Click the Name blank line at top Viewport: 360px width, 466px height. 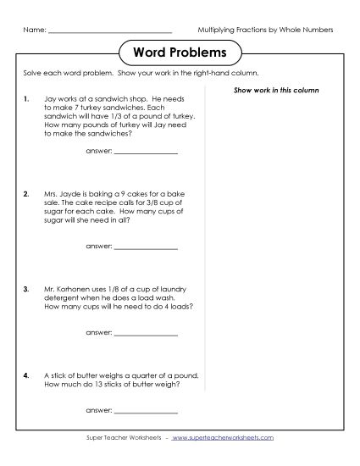111,31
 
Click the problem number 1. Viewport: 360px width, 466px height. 27,99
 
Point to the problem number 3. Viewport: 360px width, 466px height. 27,288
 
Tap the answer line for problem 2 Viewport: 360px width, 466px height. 146,247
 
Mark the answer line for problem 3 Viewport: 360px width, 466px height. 146,333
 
